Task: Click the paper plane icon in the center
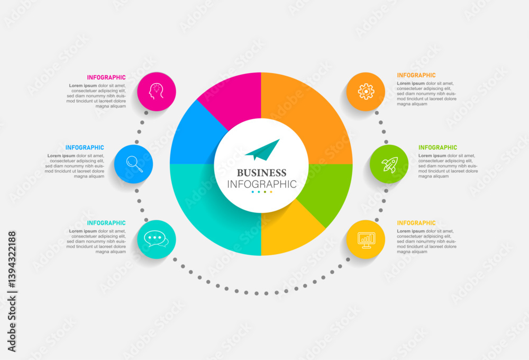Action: click(262, 150)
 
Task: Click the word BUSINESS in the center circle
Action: click(261, 173)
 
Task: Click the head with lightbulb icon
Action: click(156, 91)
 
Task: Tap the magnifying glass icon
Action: click(134, 164)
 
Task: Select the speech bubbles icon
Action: click(156, 239)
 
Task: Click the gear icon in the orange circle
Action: click(366, 92)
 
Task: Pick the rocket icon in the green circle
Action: click(389, 165)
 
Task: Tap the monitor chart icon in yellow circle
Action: click(366, 240)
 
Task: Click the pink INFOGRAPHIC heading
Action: click(106, 77)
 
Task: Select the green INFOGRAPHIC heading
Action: click(437, 148)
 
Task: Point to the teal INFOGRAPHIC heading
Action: click(106, 223)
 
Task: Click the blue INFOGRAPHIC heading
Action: click(85, 148)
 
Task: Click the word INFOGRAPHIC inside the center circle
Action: click(262, 184)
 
